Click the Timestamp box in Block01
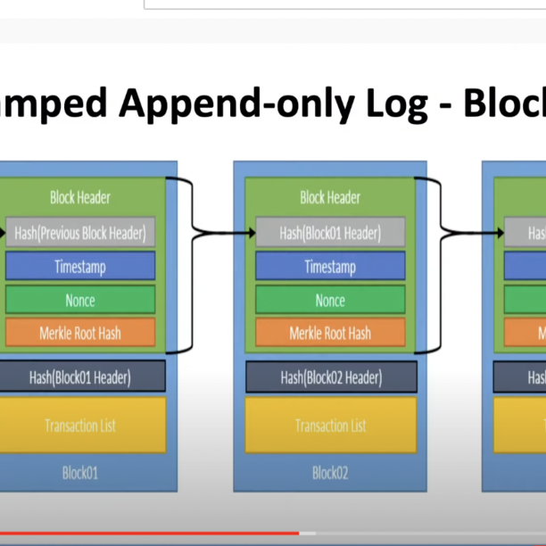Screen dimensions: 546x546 [x=80, y=267]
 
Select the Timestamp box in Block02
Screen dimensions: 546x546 [x=330, y=267]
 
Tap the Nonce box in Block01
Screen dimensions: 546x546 [x=80, y=301]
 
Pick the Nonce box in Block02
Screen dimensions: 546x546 [x=330, y=301]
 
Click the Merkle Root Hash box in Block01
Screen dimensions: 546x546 [x=80, y=334]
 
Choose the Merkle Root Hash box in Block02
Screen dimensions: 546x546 [x=330, y=334]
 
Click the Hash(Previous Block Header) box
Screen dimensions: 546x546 [x=80, y=234]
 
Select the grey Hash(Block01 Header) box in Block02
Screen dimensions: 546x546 [x=330, y=234]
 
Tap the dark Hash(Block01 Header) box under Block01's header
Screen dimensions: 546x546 [x=80, y=377]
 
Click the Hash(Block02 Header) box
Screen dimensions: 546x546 [x=330, y=377]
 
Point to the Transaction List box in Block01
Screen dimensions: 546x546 [x=80, y=426]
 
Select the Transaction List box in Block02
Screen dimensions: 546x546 [x=330, y=426]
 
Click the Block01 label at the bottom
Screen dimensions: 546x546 [x=80, y=472]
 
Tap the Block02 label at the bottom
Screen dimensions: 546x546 [x=330, y=472]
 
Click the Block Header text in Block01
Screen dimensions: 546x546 [x=80, y=197]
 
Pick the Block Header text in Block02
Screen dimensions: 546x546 [x=330, y=197]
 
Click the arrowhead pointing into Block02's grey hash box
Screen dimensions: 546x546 [x=249, y=234]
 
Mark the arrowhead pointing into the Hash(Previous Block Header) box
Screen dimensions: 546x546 [x=3, y=234]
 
